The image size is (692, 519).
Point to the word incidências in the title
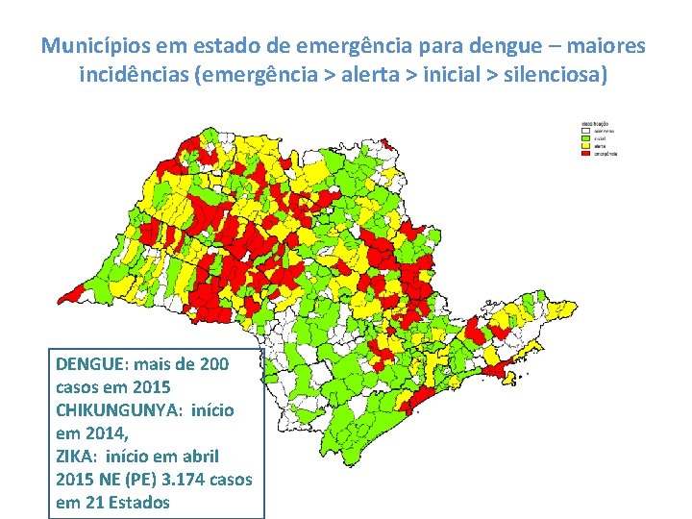coord(134,74)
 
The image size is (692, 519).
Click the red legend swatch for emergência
coord(586,153)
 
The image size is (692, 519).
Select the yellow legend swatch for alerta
coord(586,145)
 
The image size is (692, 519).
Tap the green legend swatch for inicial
coord(586,137)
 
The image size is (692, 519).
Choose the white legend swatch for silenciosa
coord(586,130)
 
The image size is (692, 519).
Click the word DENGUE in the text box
coord(89,364)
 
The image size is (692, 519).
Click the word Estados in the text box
coord(138,502)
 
